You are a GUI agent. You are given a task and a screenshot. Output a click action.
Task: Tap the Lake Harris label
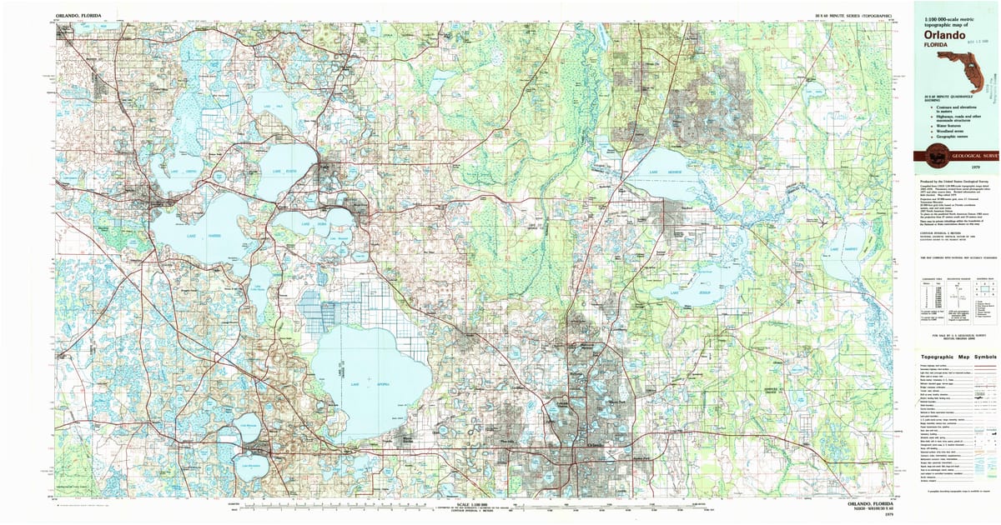189,235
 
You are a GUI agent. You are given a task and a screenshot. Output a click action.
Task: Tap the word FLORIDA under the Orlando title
933,46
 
